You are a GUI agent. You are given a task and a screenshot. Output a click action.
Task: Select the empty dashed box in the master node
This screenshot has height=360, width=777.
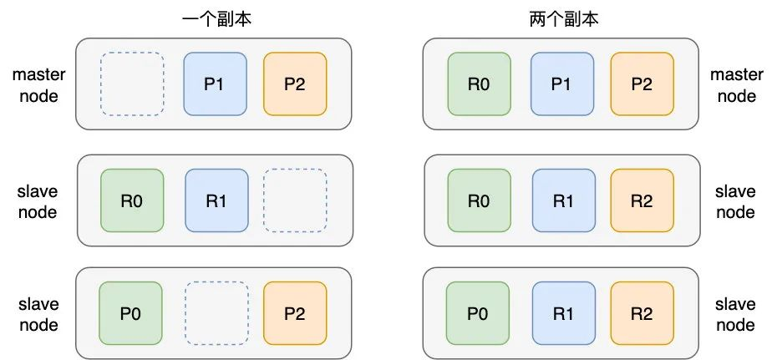click(131, 84)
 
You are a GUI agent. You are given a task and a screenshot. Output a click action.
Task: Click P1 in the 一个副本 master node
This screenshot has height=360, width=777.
click(216, 84)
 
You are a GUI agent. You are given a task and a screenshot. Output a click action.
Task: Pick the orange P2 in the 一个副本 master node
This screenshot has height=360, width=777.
click(294, 84)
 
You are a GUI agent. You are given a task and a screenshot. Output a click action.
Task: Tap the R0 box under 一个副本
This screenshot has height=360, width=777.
click(131, 200)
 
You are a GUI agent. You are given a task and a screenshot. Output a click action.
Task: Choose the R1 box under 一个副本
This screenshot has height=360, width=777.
click(216, 200)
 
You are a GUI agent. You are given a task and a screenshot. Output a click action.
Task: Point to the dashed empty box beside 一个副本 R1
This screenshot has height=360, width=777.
click(294, 200)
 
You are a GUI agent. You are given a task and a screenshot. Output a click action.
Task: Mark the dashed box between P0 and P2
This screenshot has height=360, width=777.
click(216, 313)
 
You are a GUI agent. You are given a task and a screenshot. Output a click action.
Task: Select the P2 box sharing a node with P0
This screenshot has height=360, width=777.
click(294, 313)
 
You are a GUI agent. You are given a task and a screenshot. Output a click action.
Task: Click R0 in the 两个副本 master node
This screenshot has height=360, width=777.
click(479, 84)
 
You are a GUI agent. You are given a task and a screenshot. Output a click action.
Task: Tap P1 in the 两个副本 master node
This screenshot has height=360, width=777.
click(562, 84)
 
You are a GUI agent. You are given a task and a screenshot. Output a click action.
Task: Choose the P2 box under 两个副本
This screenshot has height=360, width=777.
click(642, 84)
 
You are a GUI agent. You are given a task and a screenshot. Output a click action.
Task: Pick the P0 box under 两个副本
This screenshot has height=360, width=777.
click(477, 313)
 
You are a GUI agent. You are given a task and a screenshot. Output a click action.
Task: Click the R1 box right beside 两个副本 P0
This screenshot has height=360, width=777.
click(562, 313)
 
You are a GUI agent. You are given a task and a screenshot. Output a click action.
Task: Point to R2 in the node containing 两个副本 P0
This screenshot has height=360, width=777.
click(642, 313)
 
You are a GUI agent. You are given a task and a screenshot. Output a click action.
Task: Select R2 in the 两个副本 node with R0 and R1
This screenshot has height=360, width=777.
click(642, 200)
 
